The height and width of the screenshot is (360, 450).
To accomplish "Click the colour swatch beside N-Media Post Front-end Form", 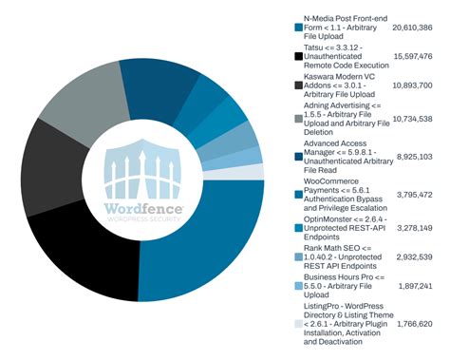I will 297,28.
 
